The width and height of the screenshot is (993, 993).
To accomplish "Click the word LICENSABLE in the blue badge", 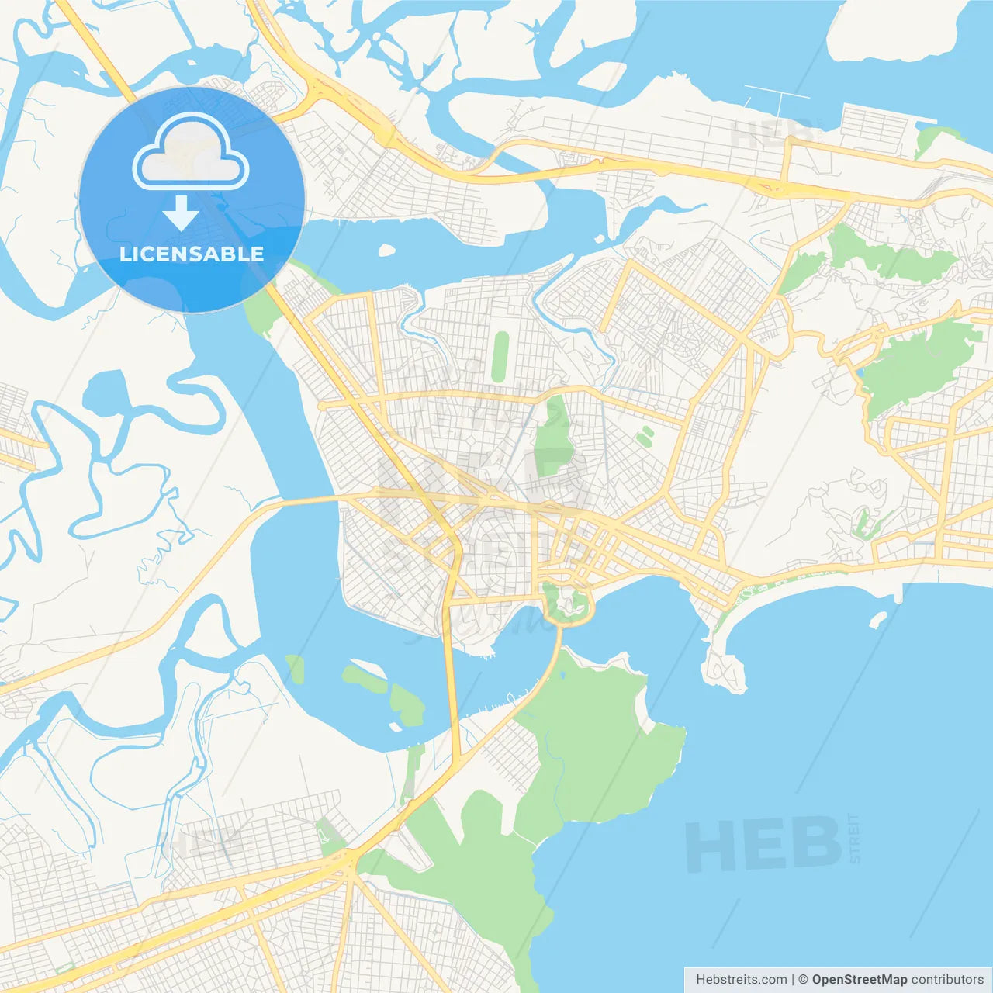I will pos(192,254).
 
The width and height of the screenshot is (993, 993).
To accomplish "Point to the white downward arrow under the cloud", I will pos(181,214).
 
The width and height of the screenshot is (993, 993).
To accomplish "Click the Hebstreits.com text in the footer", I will pos(741,980).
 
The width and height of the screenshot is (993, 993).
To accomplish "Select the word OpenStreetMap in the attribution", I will pos(859,980).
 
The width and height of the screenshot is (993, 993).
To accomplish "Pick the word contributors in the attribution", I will pos(946,980).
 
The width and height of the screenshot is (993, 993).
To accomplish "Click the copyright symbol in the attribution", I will pos(803,980).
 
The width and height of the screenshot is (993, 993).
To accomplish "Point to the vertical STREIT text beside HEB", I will pos(854,839).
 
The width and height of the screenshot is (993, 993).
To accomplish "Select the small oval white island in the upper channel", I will pos(386,250).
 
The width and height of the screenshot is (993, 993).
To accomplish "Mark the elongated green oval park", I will pos(500,357).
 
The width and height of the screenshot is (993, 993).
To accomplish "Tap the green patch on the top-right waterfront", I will pos(930,140).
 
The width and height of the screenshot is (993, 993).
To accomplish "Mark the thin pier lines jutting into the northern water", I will pos(776,97).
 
